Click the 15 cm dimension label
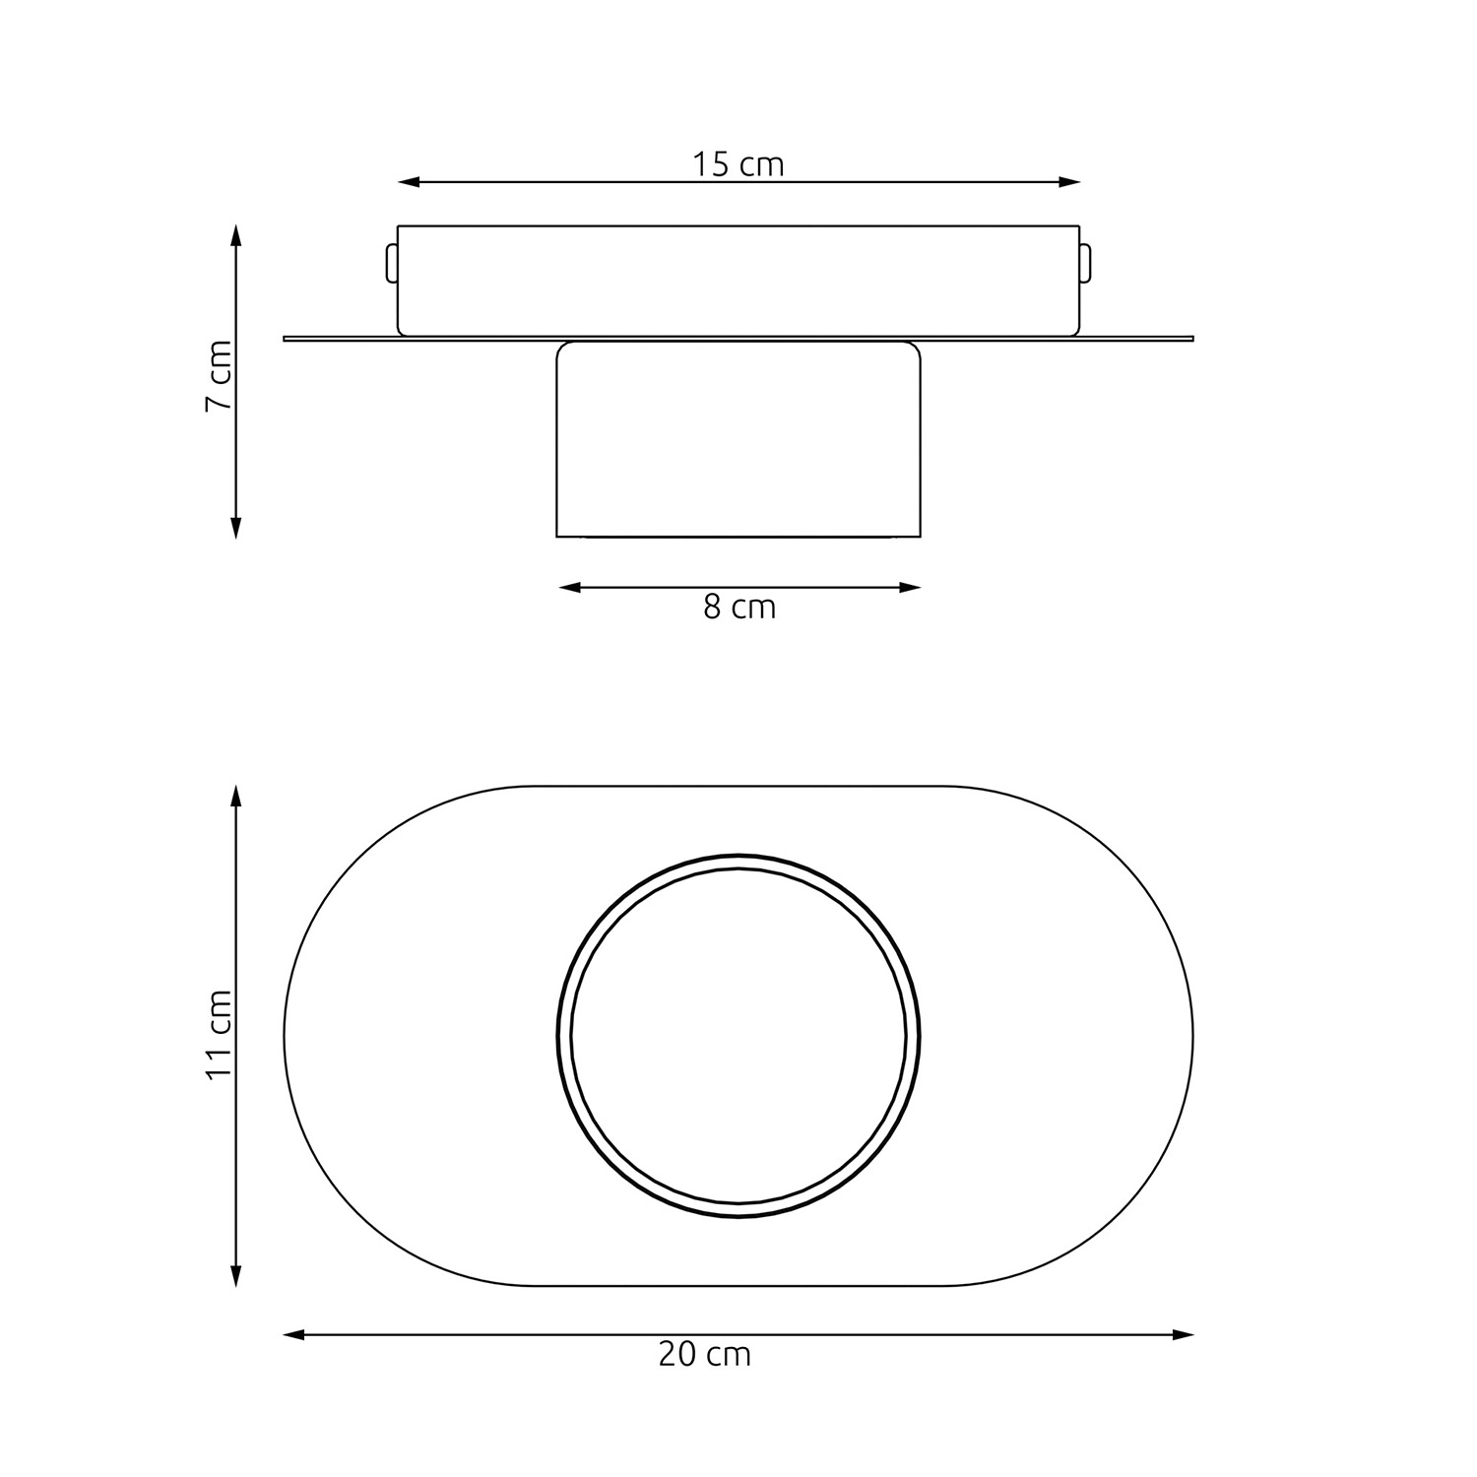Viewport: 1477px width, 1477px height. pos(738,164)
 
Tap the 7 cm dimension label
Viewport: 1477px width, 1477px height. pos(219,376)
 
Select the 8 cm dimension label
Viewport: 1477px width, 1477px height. pos(739,608)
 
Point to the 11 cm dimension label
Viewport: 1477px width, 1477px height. pos(219,1034)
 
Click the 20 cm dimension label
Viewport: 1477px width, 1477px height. pos(704,1355)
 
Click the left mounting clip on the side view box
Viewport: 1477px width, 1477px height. pos(391,264)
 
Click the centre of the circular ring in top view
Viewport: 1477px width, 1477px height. pos(738,1036)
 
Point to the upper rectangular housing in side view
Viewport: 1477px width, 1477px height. pos(738,280)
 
